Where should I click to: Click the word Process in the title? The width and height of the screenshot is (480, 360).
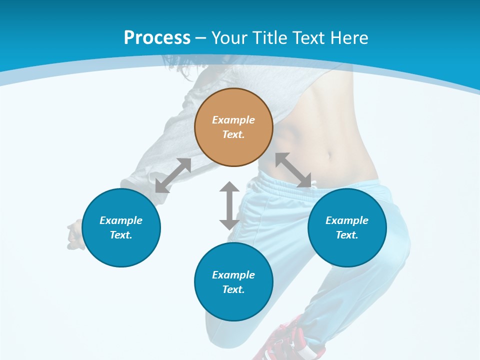pos(157,38)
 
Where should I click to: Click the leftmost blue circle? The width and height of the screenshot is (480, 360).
pos(121,227)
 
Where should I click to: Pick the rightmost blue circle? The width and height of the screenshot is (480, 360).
pos(347,227)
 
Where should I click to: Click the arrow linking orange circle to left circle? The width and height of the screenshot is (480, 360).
pos(173,175)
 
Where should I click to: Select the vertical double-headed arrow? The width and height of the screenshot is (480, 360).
pos(229,205)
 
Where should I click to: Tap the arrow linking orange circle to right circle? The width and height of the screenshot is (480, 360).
pos(293,170)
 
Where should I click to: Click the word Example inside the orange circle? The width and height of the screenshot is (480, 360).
pos(233,120)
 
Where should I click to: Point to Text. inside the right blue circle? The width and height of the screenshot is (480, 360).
pos(347,235)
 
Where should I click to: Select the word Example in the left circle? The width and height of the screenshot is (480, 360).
pos(121,220)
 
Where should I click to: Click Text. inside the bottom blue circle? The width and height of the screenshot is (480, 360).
pos(233,289)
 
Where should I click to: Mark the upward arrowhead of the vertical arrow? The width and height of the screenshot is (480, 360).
pos(229,187)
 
